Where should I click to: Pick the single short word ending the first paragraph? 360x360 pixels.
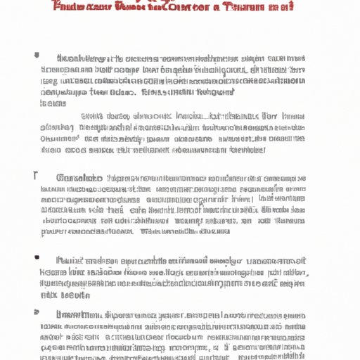(52, 103)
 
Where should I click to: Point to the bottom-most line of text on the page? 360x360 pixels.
(172, 349)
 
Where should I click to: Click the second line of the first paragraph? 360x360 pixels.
(172, 70)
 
